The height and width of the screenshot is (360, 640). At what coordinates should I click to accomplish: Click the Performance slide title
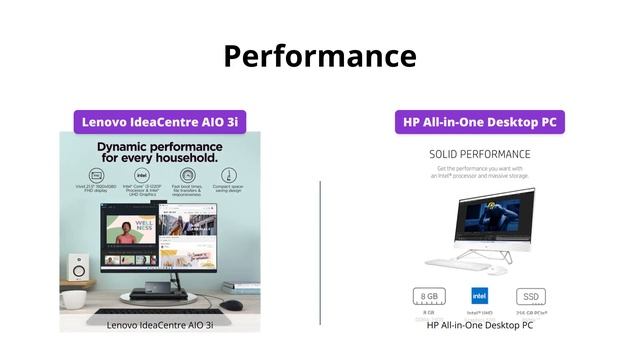(319, 56)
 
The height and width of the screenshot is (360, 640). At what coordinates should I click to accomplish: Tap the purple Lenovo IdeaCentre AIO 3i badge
(160, 122)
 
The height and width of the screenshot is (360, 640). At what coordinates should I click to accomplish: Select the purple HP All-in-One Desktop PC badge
(479, 122)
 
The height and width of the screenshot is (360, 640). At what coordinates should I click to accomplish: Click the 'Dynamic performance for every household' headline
(160, 152)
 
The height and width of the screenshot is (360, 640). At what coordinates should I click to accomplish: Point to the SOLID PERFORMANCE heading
(479, 154)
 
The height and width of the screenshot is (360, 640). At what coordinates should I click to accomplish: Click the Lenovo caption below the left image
(160, 325)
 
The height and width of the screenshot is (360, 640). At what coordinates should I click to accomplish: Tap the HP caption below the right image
(479, 325)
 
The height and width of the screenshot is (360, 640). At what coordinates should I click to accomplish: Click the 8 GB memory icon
(428, 296)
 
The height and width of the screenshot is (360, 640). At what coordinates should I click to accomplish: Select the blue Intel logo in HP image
(479, 296)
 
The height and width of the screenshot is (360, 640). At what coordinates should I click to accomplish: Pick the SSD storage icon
(530, 296)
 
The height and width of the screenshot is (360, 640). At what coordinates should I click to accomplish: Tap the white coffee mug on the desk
(72, 298)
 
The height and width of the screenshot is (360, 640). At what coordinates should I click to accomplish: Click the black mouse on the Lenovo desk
(231, 305)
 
